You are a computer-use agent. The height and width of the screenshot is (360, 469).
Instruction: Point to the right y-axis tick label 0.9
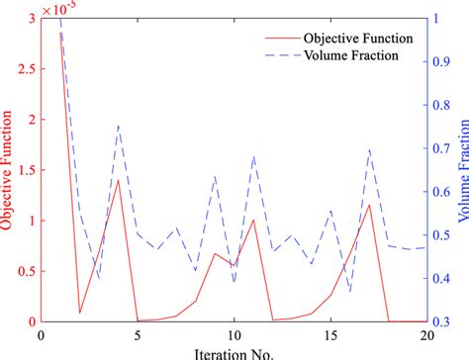(x=442, y=62)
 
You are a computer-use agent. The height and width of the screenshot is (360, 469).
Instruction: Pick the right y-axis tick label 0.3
(x=442, y=321)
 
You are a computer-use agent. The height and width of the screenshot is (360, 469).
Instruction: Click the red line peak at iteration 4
(x=119, y=180)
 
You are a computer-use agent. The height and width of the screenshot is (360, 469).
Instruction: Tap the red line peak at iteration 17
(x=368, y=205)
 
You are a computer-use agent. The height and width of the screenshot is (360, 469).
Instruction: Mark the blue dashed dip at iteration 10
(x=234, y=284)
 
